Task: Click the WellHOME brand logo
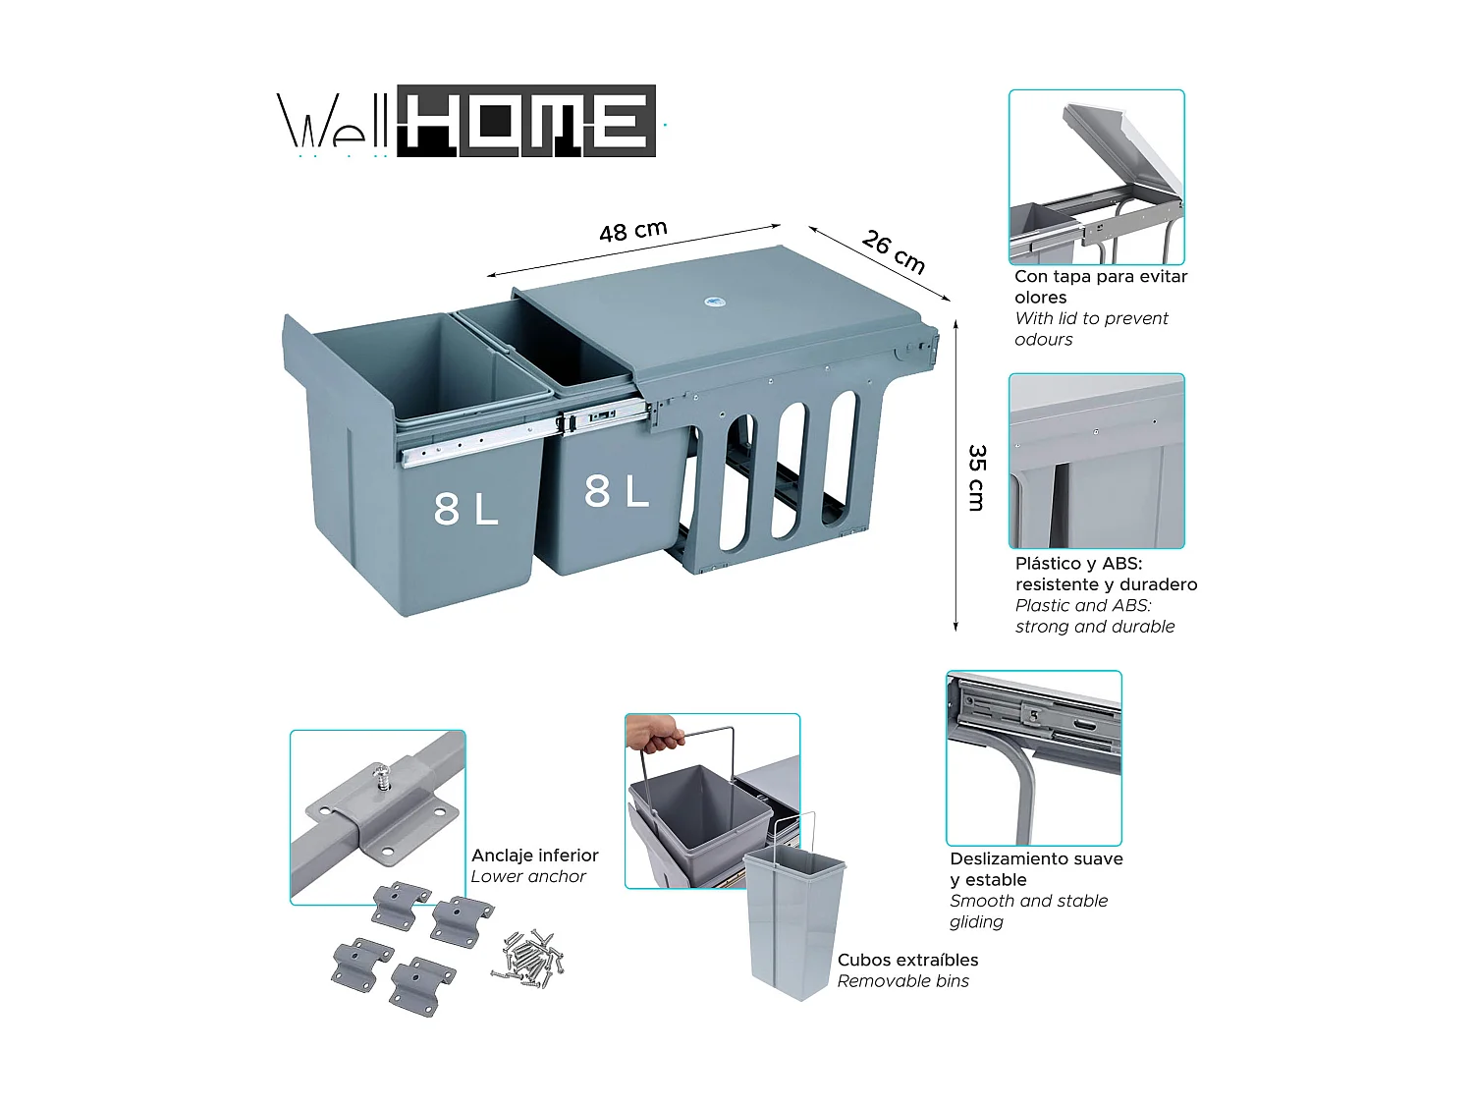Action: [466, 122]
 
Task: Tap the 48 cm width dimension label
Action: [633, 231]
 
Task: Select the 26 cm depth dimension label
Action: [894, 251]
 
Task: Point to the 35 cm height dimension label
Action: [976, 477]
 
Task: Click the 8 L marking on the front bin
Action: [466, 509]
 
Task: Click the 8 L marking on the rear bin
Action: [617, 491]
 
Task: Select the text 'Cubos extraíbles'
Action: [907, 960]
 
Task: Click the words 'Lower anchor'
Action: [528, 876]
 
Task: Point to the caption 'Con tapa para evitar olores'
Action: [1100, 287]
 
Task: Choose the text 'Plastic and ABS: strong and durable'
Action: [1094, 616]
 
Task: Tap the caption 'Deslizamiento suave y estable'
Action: [1035, 869]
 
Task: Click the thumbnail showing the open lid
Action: [1097, 177]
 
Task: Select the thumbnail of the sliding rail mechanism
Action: [1033, 757]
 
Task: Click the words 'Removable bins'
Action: [902, 981]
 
